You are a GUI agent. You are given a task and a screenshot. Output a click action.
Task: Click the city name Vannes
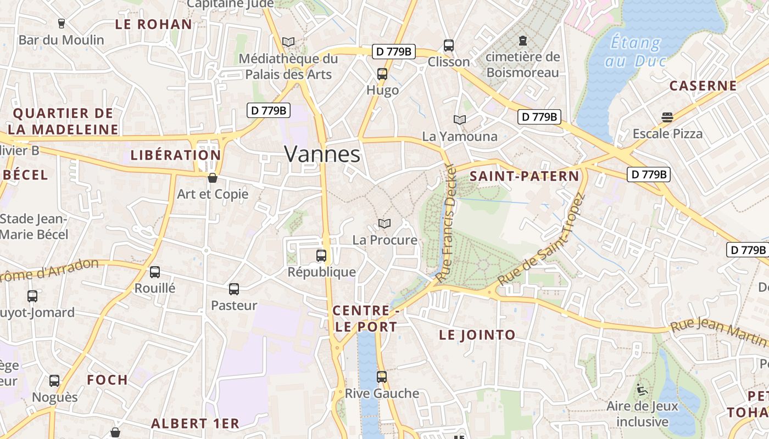pos(322,154)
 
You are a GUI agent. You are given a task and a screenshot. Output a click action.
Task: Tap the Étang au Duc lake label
pos(636,51)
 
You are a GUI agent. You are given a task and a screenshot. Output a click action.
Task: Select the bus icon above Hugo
pos(382,74)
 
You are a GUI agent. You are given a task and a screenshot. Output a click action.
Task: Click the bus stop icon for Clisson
pos(449,45)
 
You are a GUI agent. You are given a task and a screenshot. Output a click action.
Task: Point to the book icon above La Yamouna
pos(460,120)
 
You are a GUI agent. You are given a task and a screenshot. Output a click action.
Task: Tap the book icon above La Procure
pos(384,224)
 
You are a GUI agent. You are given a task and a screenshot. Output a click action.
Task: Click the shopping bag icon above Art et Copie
pos(213,178)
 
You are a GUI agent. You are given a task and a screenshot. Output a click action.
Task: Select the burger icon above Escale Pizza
pos(667,117)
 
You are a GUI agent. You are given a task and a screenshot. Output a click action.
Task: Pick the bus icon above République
pos(321,255)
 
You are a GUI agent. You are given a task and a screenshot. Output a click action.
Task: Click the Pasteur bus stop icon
pos(234,289)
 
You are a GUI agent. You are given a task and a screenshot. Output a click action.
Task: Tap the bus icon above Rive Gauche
pos(382,377)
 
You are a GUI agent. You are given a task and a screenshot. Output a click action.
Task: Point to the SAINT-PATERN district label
pos(525,176)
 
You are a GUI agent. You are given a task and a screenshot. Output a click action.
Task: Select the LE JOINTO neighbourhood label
pos(477,335)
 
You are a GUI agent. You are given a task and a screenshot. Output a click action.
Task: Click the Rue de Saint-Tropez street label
pos(542,240)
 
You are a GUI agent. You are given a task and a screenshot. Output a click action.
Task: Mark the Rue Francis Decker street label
pos(446,224)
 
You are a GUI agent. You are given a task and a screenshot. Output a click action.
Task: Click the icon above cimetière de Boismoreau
pos(522,40)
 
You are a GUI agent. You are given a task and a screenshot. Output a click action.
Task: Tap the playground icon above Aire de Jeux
pos(642,390)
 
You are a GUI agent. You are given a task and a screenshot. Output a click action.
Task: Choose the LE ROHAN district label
pos(153,24)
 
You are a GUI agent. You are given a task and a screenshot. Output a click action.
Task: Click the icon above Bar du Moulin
pos(61,24)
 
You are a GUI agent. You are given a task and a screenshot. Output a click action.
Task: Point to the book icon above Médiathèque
pos(288,42)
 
